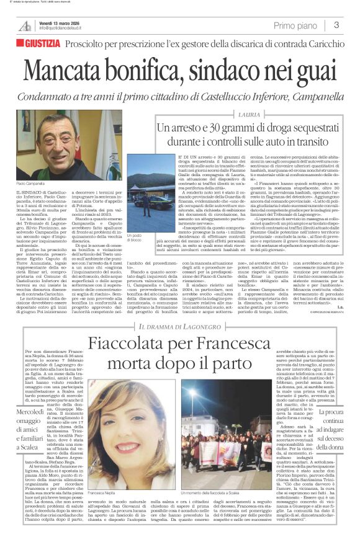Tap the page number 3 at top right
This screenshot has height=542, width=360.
pyautogui.click(x=336, y=25)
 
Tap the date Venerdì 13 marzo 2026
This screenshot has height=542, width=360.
pyautogui.click(x=60, y=22)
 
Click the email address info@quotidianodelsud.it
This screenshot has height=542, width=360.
pyautogui.click(x=66, y=29)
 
